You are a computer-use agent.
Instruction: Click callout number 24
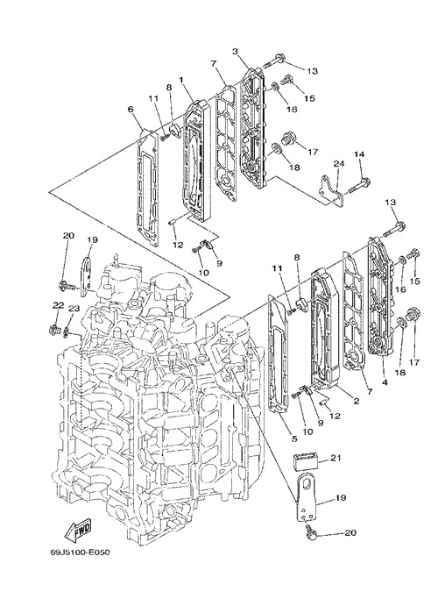pyautogui.click(x=338, y=164)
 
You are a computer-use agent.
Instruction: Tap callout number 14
pyautogui.click(x=359, y=154)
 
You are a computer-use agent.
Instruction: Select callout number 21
pyautogui.click(x=336, y=458)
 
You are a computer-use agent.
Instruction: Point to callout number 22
pyautogui.click(x=58, y=305)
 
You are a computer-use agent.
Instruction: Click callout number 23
pyautogui.click(x=74, y=308)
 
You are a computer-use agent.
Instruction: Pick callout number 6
pyautogui.click(x=131, y=110)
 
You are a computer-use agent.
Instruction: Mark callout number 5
pyautogui.click(x=294, y=438)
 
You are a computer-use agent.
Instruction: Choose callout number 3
pyautogui.click(x=235, y=51)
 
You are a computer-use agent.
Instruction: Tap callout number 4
pyautogui.click(x=385, y=382)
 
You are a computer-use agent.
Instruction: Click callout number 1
pyautogui.click(x=180, y=80)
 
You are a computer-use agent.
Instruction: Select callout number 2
pyautogui.click(x=357, y=401)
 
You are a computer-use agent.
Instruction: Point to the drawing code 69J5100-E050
pyautogui.click(x=80, y=553)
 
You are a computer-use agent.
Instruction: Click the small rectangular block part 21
pyautogui.click(x=306, y=462)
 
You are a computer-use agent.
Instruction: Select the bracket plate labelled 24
pyautogui.click(x=331, y=192)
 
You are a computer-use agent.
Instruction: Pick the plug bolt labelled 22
pyautogui.click(x=53, y=330)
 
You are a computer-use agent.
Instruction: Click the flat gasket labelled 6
pyautogui.click(x=148, y=189)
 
